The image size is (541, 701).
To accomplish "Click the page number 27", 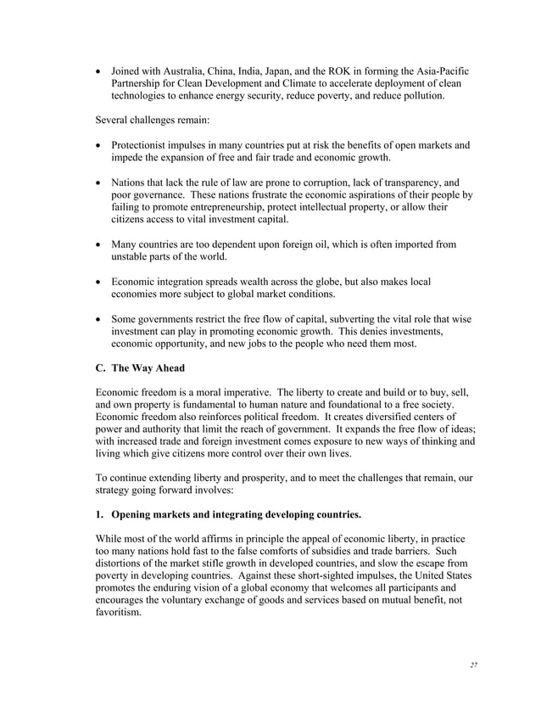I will (x=473, y=665).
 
